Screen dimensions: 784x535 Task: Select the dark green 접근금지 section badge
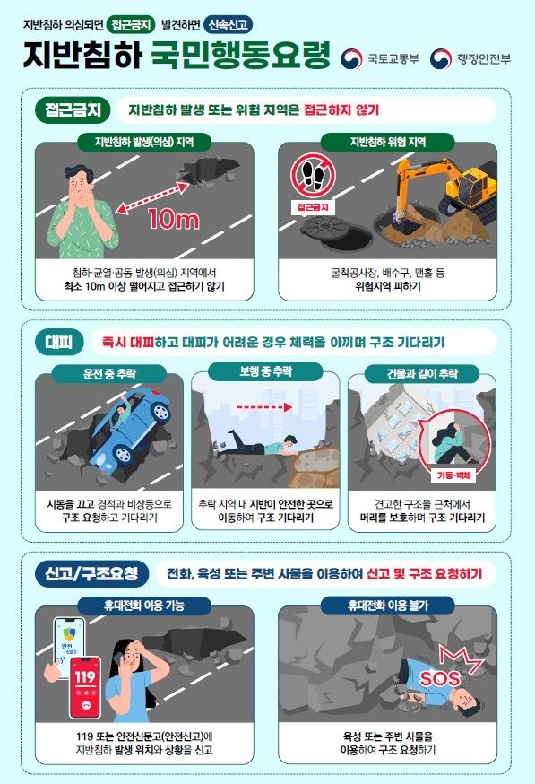pos(73,110)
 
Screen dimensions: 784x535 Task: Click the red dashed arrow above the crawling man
pos(259,405)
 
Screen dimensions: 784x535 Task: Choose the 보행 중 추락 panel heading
pos(265,370)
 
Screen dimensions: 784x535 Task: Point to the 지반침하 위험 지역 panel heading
pos(387,142)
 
